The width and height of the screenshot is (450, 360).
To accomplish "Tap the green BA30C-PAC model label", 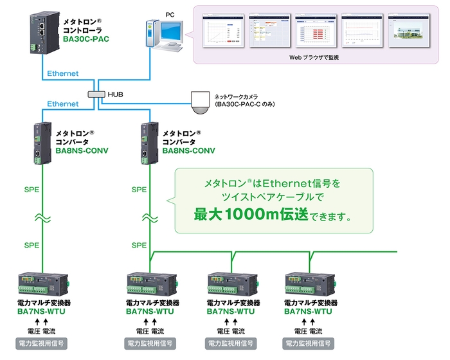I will coord(86,39).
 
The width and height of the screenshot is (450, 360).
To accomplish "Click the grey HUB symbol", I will coord(96,94).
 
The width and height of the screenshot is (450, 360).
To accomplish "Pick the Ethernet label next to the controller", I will coord(62,73).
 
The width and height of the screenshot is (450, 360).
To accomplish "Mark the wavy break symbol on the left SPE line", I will coord(42,218).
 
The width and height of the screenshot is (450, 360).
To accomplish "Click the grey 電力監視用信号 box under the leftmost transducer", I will coord(41,344).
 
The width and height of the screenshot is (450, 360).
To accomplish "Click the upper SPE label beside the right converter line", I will coord(139,190).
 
